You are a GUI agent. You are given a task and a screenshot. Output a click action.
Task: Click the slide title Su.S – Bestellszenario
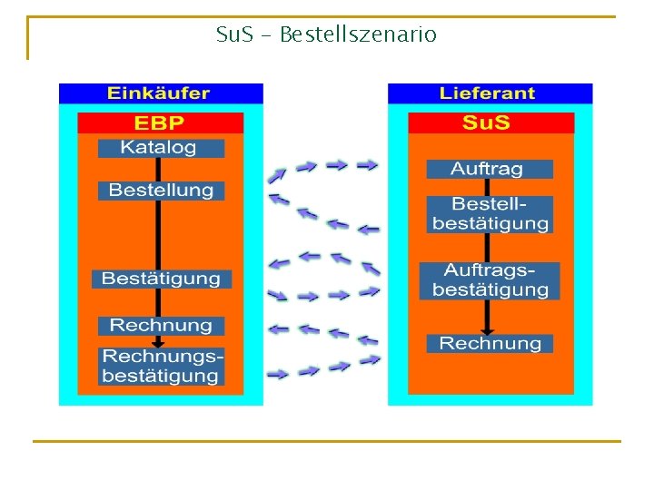pos(326,35)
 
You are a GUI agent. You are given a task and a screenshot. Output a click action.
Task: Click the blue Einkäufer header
pos(160,93)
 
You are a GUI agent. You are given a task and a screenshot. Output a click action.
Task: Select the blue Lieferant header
pos(490,93)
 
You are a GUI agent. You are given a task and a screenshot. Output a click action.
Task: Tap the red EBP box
pos(160,122)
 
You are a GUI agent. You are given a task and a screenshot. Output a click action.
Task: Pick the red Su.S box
pos(490,122)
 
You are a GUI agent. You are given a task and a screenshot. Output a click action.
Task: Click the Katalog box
pos(160,147)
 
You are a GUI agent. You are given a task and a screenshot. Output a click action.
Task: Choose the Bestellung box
pos(161,191)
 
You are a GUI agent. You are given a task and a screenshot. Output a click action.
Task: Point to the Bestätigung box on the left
pos(161,279)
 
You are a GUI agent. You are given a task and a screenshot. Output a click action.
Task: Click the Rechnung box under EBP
pos(161,325)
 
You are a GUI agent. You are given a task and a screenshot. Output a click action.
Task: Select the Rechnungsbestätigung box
pos(161,366)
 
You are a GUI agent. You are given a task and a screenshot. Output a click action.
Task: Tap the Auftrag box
pos(489,169)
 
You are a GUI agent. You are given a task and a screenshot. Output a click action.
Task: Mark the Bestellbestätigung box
pos(490,214)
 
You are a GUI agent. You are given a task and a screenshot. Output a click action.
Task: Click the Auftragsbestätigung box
pos(490,280)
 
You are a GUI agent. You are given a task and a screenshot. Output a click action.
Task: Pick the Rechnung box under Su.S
pos(490,343)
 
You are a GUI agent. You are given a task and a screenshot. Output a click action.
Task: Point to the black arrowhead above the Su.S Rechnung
pos(488,329)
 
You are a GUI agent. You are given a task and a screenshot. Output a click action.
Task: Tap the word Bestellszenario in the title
pos(358,35)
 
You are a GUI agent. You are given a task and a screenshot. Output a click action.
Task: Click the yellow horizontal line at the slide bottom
pos(326,442)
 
